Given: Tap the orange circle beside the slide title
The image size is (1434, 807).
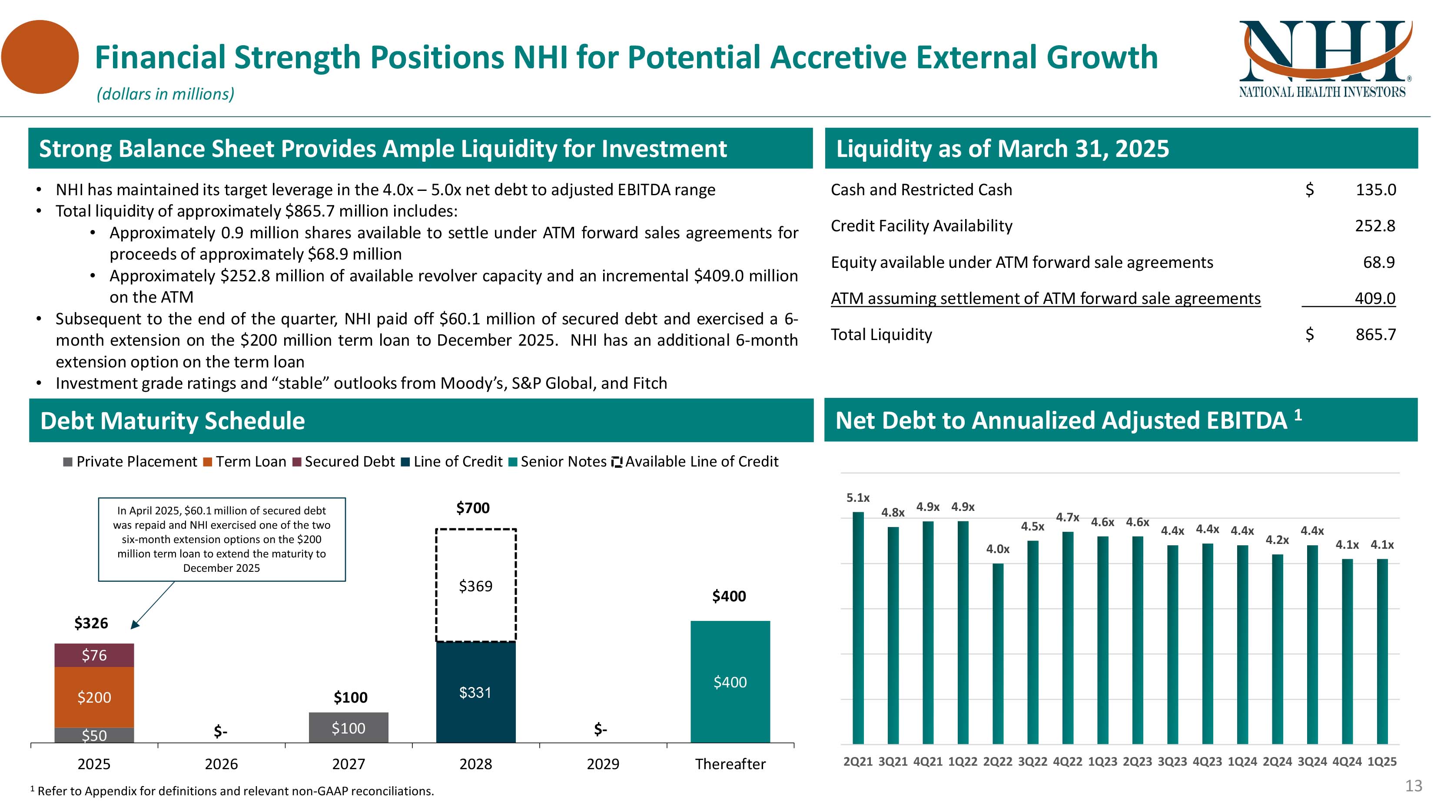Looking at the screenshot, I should tap(40, 57).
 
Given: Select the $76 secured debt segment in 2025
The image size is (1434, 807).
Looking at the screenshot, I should tap(94, 655).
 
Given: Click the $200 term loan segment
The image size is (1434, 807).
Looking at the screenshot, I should tap(94, 697).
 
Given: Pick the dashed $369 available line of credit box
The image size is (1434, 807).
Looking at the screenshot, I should tap(475, 585).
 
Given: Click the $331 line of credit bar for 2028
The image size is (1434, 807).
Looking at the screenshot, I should tap(475, 692).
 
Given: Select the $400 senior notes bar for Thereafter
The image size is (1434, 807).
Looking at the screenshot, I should tap(730, 682).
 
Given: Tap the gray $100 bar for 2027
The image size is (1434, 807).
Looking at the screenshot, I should tap(349, 728).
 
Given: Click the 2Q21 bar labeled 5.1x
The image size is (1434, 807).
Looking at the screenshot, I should tap(858, 628).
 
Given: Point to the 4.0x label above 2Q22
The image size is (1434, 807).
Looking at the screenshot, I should tap(998, 549).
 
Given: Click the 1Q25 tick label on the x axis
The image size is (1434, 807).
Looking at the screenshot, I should tap(1382, 761).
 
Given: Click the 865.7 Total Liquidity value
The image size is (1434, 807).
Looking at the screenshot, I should tap(1375, 335).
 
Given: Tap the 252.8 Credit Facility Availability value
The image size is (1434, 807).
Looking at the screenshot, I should tap(1375, 226).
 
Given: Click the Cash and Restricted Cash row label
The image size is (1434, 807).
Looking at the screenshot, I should tap(921, 190).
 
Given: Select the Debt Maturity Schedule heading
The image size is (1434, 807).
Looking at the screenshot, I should tap(173, 420).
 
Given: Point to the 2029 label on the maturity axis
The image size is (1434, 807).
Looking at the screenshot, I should tap(603, 764).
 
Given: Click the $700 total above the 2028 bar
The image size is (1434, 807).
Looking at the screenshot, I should tap(473, 508).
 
